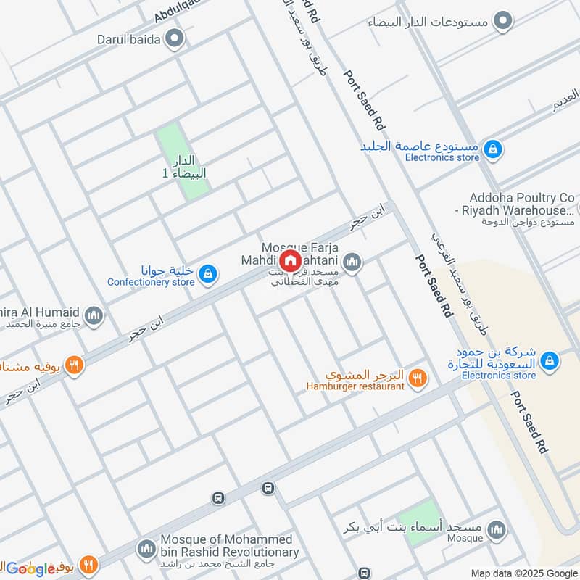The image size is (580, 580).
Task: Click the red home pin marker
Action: click(x=290, y=260)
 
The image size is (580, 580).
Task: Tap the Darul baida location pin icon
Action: click(x=173, y=38)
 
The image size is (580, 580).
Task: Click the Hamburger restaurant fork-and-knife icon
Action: click(x=416, y=377)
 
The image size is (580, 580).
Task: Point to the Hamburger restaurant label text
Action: click(x=355, y=386)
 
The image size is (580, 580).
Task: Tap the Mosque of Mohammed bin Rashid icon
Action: click(x=146, y=547)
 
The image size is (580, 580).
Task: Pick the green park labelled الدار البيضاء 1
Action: click(x=183, y=160)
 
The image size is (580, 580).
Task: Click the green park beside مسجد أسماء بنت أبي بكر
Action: click(x=420, y=523)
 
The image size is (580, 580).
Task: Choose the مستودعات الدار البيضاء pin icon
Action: click(x=502, y=21)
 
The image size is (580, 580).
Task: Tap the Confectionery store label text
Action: click(x=151, y=282)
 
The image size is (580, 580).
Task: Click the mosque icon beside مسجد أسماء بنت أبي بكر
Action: click(x=497, y=529)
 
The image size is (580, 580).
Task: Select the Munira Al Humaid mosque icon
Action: click(x=93, y=315)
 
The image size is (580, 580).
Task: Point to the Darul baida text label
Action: click(x=128, y=39)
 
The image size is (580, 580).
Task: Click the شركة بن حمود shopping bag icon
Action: click(x=550, y=360)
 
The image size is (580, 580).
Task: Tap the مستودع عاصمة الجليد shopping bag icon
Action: click(x=493, y=150)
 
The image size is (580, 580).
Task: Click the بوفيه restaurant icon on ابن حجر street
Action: click(x=73, y=365)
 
